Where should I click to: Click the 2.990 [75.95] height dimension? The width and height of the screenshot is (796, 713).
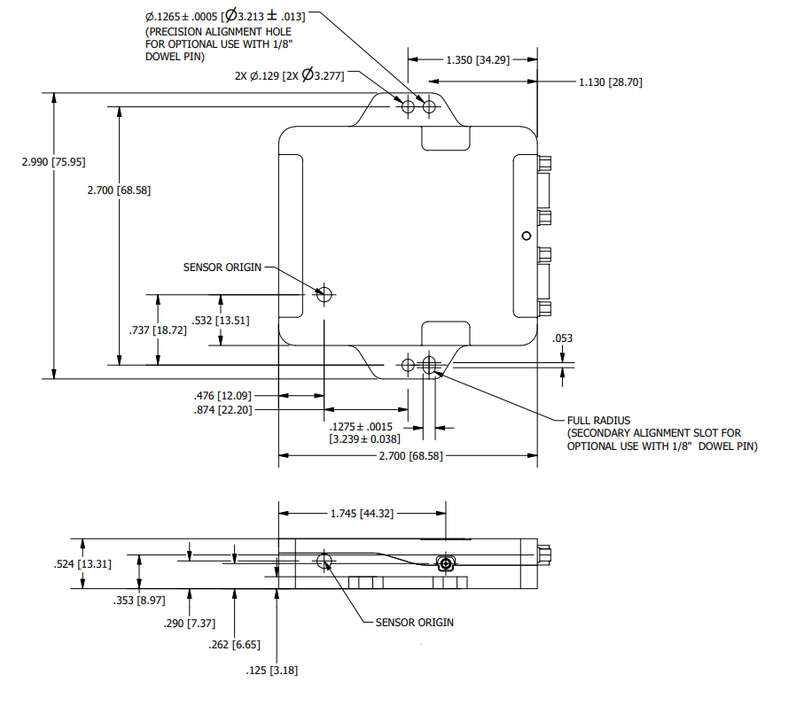click(53, 162)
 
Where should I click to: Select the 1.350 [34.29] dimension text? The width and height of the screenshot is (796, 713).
click(478, 60)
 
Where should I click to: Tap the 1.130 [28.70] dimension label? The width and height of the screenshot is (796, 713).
click(610, 82)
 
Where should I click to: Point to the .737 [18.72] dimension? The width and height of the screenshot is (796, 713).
click(158, 330)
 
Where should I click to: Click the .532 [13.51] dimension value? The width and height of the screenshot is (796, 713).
click(221, 321)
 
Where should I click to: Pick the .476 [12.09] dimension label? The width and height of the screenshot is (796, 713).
click(222, 396)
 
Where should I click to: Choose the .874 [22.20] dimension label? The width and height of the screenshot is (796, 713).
click(222, 410)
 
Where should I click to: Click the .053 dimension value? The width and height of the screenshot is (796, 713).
click(563, 338)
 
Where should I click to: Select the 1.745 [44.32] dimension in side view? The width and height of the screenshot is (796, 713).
click(362, 514)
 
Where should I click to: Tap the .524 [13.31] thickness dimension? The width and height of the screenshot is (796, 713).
click(82, 564)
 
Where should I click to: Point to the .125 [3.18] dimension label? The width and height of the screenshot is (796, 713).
click(272, 670)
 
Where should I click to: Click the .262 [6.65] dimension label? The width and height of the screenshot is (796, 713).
click(234, 645)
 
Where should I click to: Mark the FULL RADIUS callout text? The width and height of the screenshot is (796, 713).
click(598, 421)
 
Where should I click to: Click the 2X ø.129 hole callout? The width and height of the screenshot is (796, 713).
click(289, 75)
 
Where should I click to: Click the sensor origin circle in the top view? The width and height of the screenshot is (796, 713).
click(324, 294)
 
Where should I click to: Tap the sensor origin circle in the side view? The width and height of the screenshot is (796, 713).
click(324, 561)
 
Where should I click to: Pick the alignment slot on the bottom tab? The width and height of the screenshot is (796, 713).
click(430, 365)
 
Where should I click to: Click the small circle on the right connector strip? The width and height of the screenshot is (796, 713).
click(527, 236)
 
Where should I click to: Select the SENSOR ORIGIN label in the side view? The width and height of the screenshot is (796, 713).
click(414, 623)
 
